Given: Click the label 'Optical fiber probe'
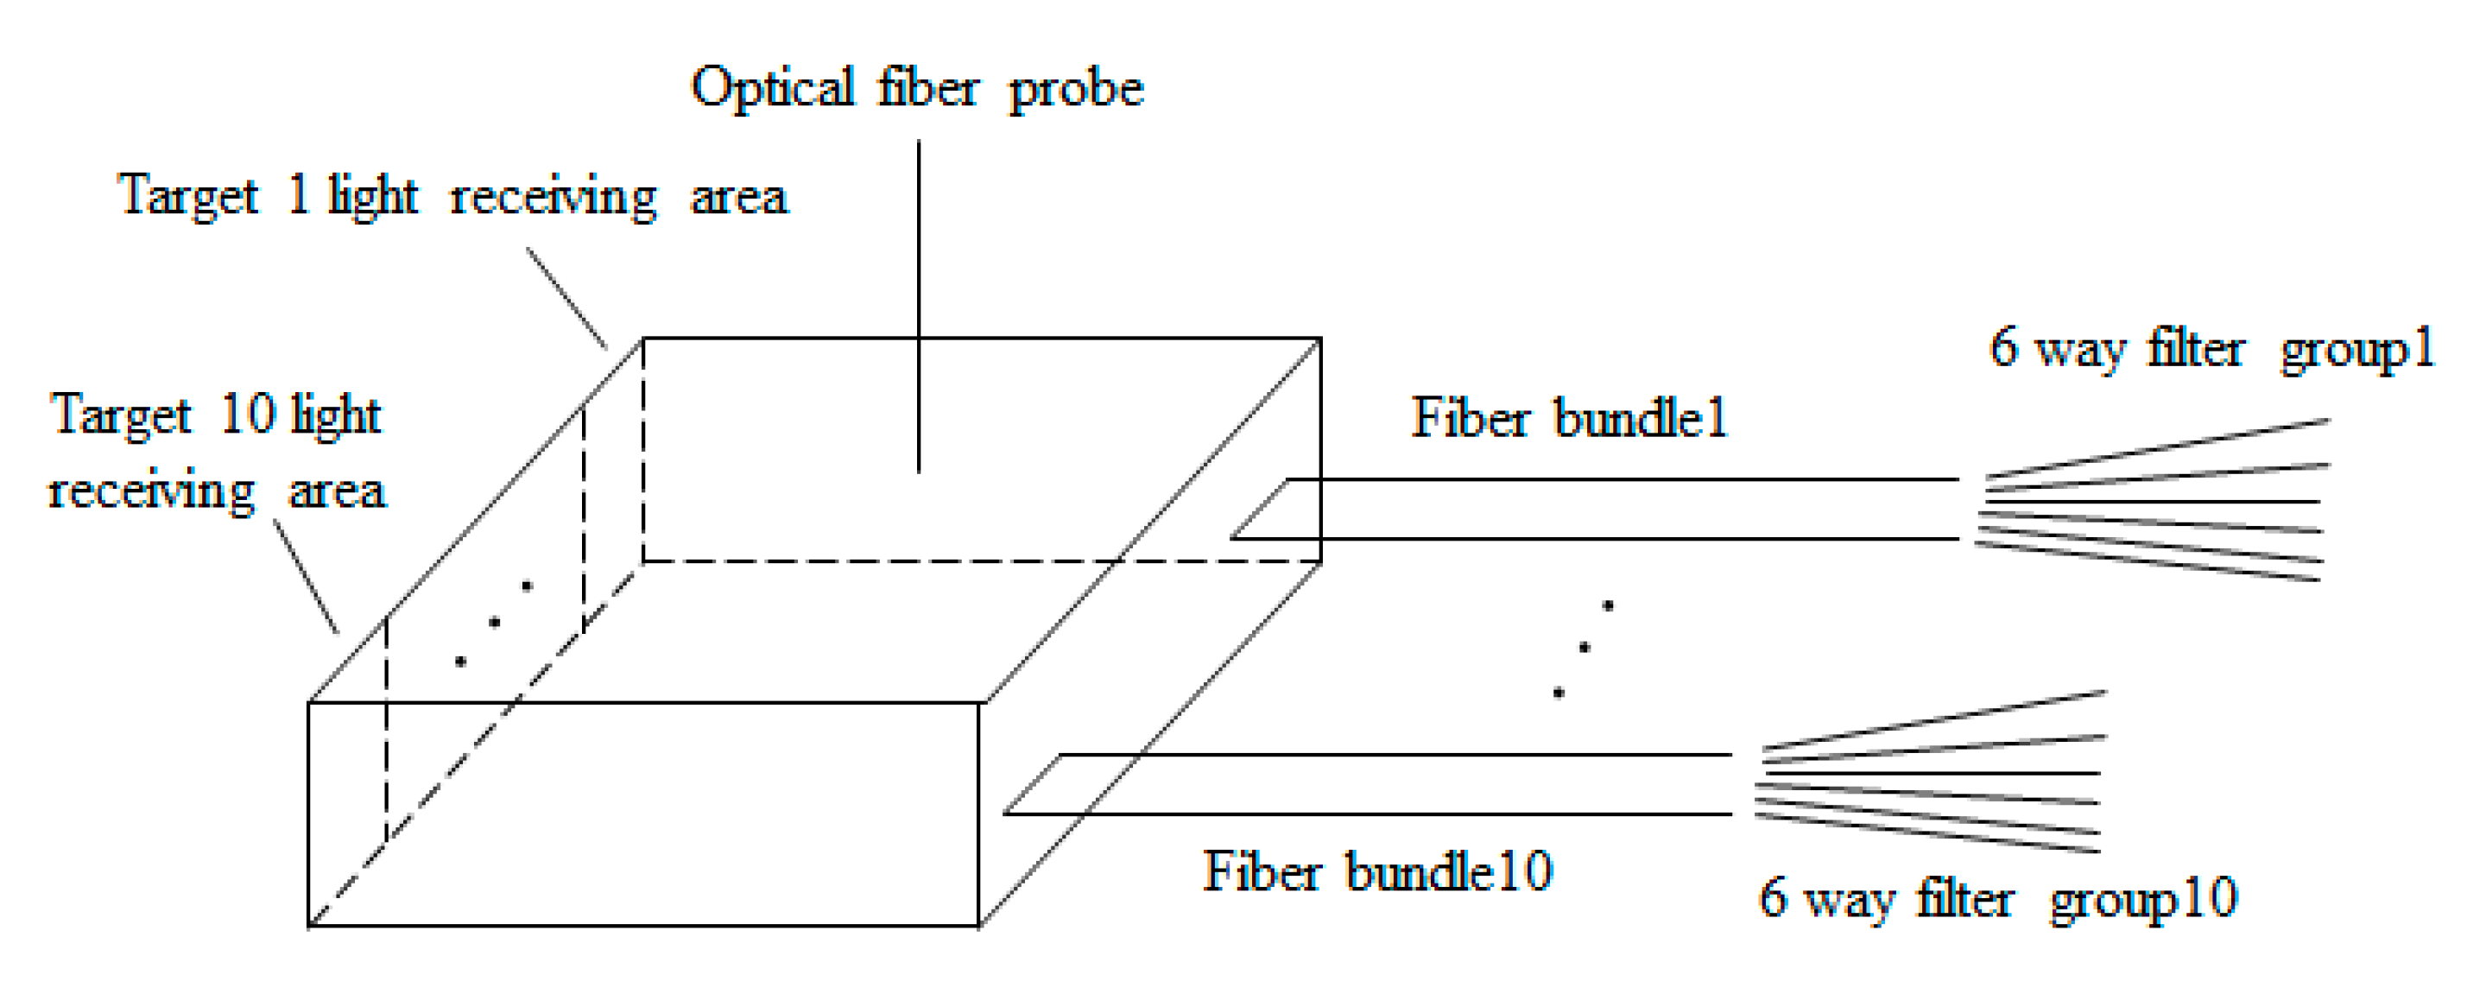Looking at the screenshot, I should tap(917, 89).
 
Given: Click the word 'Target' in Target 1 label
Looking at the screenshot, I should tap(187, 197).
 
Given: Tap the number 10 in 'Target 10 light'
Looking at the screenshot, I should tap(248, 415).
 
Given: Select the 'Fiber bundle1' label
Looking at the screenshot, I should tap(1569, 419).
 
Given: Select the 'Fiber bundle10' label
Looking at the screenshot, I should tap(1377, 871).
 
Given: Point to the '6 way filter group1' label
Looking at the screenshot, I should tap(2211, 348).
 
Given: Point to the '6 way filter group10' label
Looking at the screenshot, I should tap(1997, 898).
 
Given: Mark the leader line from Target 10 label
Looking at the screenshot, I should tap(306, 576).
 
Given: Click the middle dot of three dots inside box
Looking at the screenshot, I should tap(494, 623).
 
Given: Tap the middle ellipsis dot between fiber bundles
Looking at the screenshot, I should tap(1584, 648).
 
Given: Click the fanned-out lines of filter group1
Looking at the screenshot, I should tap(2152, 502).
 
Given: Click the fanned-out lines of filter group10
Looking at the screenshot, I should tap(1930, 773).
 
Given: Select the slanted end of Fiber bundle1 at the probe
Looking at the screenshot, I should tap(1259, 509).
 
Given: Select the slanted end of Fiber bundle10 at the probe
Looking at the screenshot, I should tap(1033, 783).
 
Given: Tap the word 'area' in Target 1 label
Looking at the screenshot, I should tap(738, 197).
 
